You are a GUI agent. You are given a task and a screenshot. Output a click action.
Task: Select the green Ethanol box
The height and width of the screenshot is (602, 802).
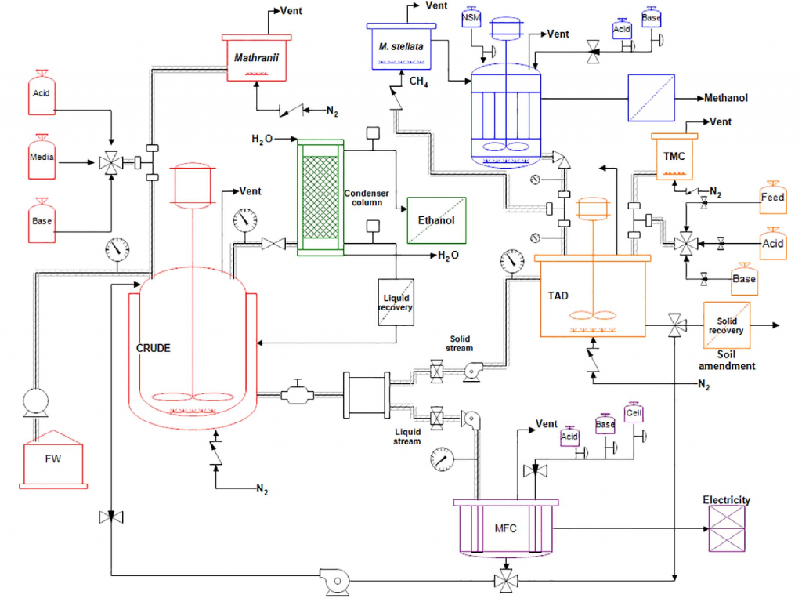point(435,220)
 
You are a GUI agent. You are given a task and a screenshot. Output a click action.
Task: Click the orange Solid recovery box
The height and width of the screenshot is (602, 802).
point(727,325)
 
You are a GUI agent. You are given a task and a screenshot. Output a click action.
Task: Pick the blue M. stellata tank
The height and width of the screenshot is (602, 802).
point(400,47)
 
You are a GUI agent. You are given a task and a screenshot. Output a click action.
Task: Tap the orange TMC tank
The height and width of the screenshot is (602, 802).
point(674,156)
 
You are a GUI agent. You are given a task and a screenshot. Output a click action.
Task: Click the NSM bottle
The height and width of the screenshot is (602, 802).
point(471,16)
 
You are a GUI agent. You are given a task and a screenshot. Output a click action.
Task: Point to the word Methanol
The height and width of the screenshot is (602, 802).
point(726,98)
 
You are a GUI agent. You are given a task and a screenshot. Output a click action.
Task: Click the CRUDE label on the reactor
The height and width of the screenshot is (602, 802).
point(154,347)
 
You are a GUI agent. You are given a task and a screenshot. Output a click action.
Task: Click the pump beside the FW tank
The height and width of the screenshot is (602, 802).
point(34,401)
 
